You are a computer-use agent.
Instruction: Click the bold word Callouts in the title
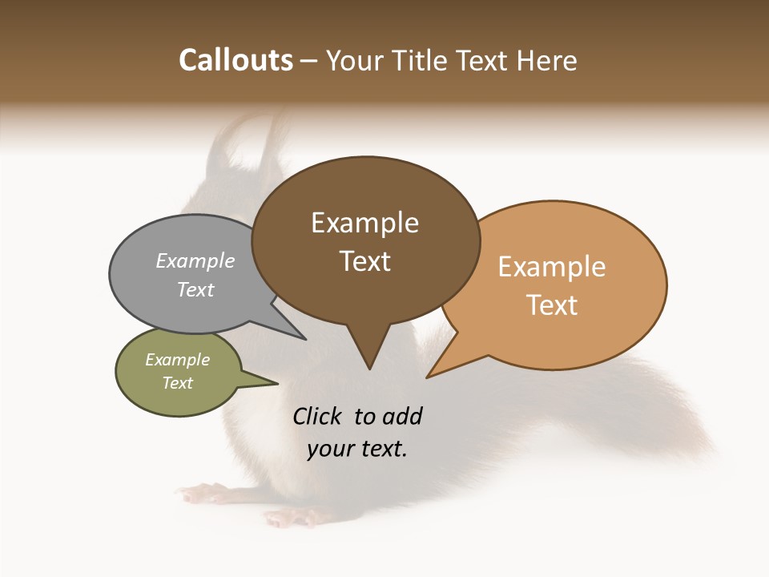click(x=236, y=60)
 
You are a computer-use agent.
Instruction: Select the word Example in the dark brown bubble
click(x=364, y=223)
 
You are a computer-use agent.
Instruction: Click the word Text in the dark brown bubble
click(x=364, y=261)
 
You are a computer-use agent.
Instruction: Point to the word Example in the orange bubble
click(x=552, y=267)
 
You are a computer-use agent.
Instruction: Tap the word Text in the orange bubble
click(x=552, y=305)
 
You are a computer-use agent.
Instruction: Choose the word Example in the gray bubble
click(x=195, y=260)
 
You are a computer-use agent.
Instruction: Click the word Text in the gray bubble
click(x=195, y=289)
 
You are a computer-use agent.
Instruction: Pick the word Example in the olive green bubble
click(x=178, y=360)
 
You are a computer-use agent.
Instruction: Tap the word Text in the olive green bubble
click(x=178, y=383)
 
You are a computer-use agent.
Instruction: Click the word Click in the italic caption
click(x=319, y=416)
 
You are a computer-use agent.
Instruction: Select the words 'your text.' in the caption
click(x=357, y=449)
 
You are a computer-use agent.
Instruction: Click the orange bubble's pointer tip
click(x=428, y=377)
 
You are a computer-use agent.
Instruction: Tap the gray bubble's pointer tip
click(x=305, y=339)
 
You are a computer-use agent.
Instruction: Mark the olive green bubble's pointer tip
click(x=277, y=383)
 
